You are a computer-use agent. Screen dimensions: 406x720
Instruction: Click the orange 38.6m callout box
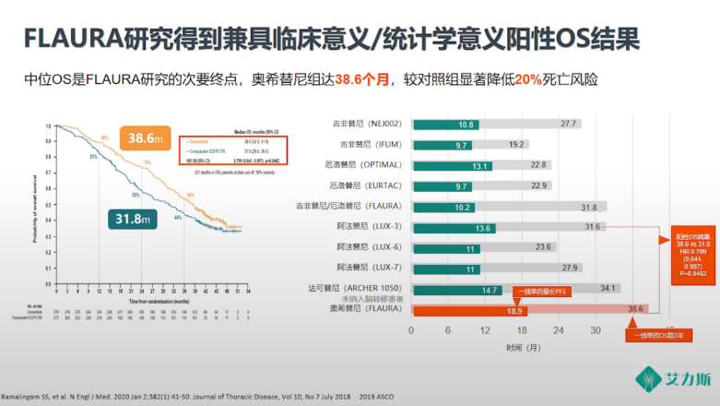pos(148,138)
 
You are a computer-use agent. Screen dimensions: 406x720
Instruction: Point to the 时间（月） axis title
pos(521,350)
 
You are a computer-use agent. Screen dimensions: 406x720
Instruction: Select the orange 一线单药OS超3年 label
pos(656,334)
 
